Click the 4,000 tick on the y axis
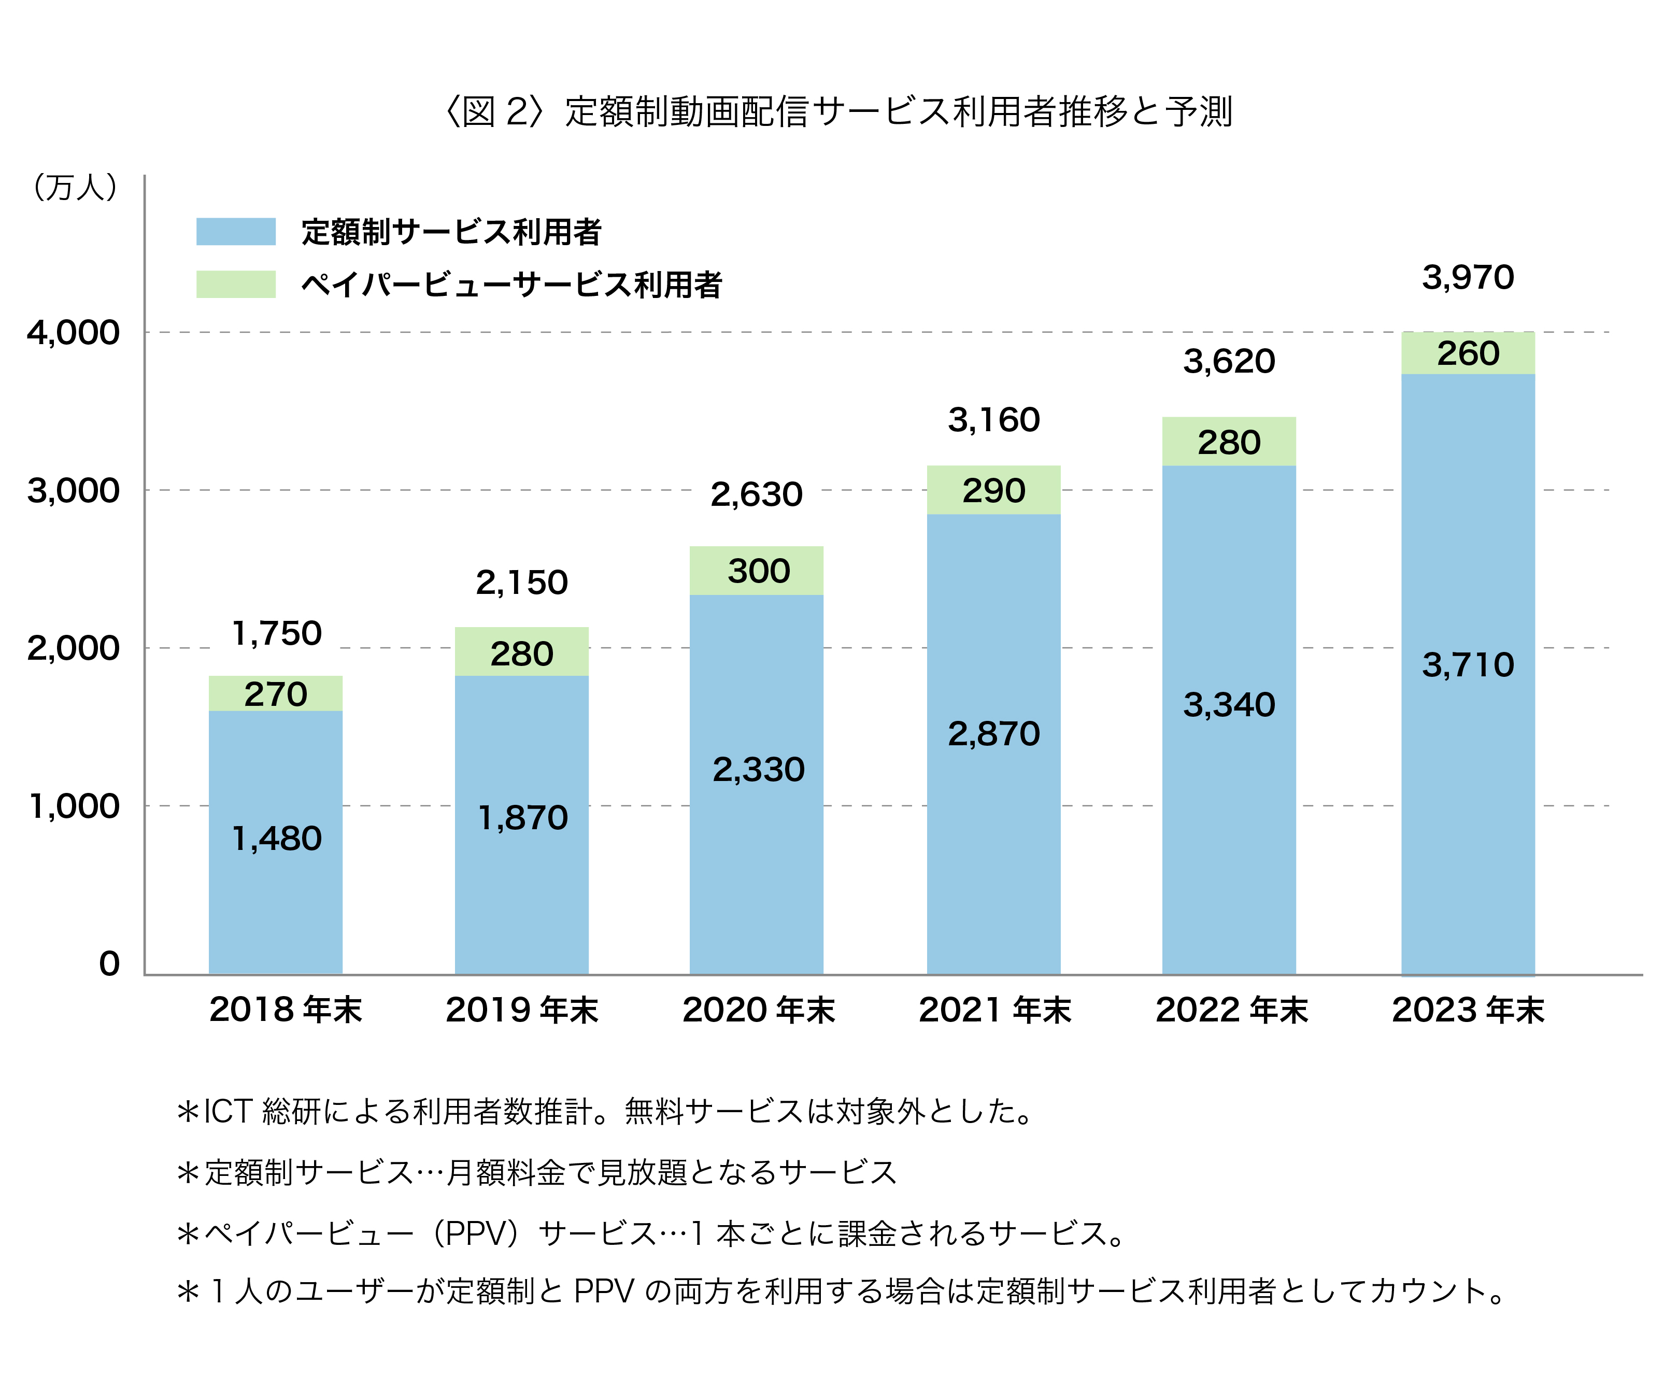tap(73, 332)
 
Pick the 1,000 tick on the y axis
tap(73, 806)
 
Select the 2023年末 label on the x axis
tap(1468, 1010)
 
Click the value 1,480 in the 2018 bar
tap(276, 839)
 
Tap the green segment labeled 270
tap(275, 694)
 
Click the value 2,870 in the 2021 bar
tap(993, 734)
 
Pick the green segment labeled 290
tap(993, 490)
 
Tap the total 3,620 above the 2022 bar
tap(1229, 361)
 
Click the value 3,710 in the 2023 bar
tap(1468, 665)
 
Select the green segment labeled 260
tap(1468, 353)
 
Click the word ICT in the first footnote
tap(229, 1111)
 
